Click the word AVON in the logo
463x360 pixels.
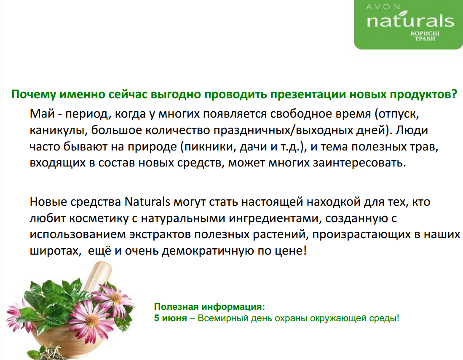tap(383, 6)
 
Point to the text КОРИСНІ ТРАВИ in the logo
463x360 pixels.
tap(425, 36)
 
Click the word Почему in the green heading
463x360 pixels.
tap(34, 94)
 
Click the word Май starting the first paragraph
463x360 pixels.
tap(42, 114)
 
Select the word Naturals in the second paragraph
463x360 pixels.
tap(147, 201)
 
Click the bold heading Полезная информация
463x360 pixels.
tap(209, 307)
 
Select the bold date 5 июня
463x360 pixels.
tap(170, 318)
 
